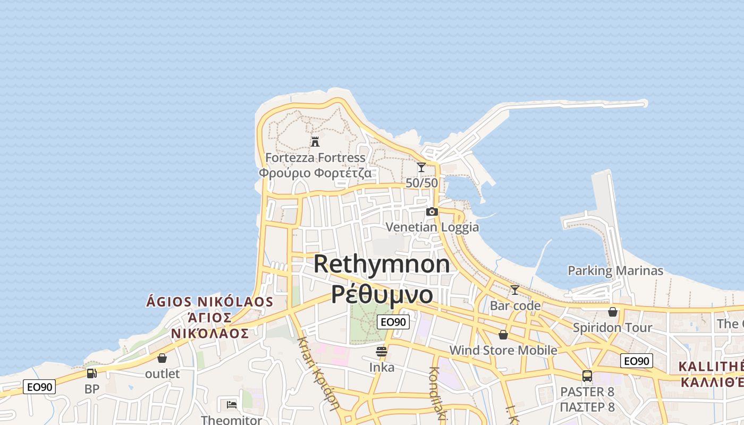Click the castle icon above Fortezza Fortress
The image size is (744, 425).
(315, 141)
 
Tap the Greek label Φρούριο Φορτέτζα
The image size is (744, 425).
(315, 173)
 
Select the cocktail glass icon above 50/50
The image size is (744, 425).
(421, 167)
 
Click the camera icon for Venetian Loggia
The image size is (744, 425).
(432, 211)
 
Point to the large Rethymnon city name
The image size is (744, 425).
(382, 264)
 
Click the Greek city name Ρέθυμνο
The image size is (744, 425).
(382, 294)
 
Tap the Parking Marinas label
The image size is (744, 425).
(615, 271)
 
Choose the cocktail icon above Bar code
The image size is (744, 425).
(514, 290)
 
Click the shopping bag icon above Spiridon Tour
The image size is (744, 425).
(613, 312)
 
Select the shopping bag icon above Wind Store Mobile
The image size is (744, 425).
(503, 335)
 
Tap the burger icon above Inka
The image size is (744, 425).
(381, 351)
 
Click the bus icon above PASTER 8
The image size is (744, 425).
(587, 376)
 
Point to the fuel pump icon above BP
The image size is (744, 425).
(92, 373)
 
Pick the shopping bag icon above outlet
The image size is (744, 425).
(162, 358)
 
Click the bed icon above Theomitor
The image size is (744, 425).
(231, 405)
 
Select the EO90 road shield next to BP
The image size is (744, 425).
(39, 387)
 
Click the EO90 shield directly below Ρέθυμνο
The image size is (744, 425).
(393, 321)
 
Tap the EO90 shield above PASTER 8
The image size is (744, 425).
(636, 361)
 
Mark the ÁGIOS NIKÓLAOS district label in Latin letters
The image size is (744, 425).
(210, 302)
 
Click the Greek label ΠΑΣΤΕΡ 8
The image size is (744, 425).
(587, 407)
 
